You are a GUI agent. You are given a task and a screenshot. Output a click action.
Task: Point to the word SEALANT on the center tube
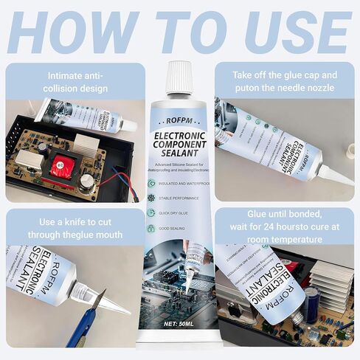pos(179,147)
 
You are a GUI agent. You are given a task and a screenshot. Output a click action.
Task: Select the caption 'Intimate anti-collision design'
pos(75,81)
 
